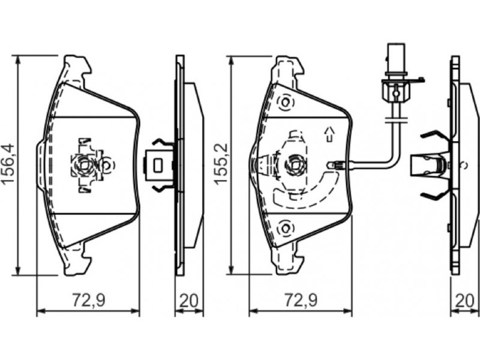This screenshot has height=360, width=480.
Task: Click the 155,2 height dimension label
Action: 223,164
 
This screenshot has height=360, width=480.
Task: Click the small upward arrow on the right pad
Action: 329,134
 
